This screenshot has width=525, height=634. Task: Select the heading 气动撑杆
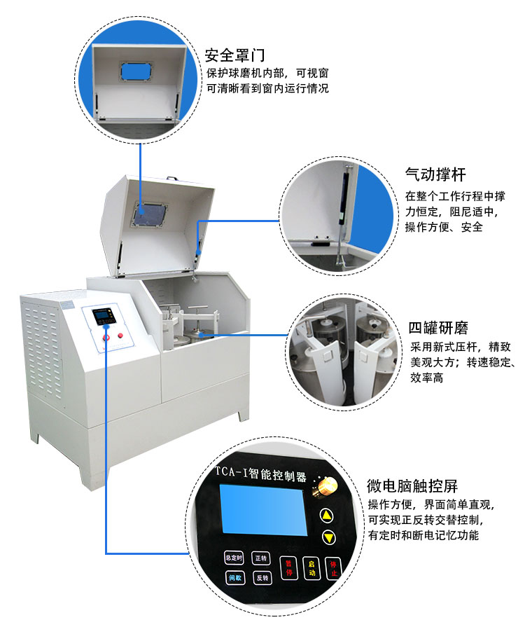435,174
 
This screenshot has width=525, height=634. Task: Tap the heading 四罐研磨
438,328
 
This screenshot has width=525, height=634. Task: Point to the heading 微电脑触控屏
412,486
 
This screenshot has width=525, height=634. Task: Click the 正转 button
260,558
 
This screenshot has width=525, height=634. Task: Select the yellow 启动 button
312,567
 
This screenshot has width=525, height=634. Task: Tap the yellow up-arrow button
328,516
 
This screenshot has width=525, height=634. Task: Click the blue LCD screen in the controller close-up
262,512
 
